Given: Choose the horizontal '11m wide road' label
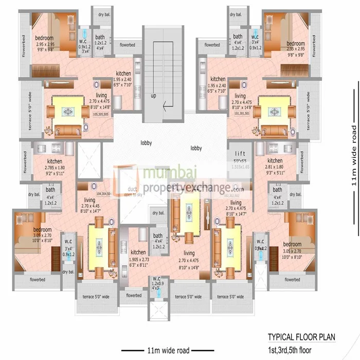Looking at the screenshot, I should pyautogui.click(x=168, y=351).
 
